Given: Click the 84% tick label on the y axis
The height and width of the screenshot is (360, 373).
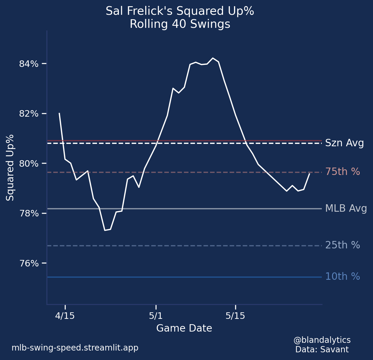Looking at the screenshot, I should tap(29, 64).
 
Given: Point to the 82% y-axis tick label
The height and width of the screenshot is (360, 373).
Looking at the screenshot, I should tap(29, 114).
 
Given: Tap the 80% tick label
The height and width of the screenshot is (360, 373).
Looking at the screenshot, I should tap(29, 164).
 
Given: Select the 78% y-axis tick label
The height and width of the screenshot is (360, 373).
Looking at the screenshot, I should tap(29, 213).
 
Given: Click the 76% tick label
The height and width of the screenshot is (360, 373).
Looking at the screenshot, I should tap(29, 263).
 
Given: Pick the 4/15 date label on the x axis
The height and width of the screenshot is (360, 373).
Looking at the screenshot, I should tap(65, 316).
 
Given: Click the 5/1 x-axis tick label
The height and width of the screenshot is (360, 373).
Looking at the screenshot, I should tap(156, 316).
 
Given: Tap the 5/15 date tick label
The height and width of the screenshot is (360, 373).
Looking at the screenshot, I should tap(235, 316).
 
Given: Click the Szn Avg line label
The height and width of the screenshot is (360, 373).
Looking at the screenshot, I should tap(344, 143).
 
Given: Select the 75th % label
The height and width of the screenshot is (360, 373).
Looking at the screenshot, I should tap(343, 172).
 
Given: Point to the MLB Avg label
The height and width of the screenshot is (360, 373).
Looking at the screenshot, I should tap(346, 209).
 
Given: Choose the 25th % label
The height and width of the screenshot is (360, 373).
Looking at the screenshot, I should tap(343, 245).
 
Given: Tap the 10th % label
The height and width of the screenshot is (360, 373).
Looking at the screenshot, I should tap(343, 277).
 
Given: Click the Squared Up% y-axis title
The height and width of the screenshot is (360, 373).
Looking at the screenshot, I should tap(10, 168).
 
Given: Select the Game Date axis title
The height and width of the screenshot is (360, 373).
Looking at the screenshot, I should tap(184, 328).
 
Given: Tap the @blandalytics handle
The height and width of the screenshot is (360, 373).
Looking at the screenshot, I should tap(322, 340).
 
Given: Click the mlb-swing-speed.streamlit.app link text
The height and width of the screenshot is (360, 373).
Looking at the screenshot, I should tap(75, 348).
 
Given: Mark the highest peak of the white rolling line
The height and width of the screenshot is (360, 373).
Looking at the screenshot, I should tap(213, 58).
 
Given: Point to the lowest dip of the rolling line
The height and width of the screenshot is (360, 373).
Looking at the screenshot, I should tap(105, 230).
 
